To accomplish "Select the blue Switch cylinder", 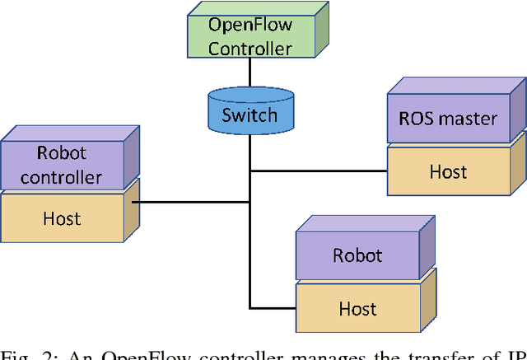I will tap(249, 113).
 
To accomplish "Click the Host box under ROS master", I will tap(448, 171).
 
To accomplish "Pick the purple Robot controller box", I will tap(62, 164).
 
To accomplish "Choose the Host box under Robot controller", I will tap(62, 217).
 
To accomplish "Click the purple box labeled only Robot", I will tap(357, 255).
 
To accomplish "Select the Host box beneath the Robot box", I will tap(357, 308).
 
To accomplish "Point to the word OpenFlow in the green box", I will tap(250, 24).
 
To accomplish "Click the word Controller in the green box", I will tap(250, 49).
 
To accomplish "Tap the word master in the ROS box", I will tap(469, 119).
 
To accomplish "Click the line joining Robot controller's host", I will tap(189, 201).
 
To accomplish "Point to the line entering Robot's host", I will tap(272, 308).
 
